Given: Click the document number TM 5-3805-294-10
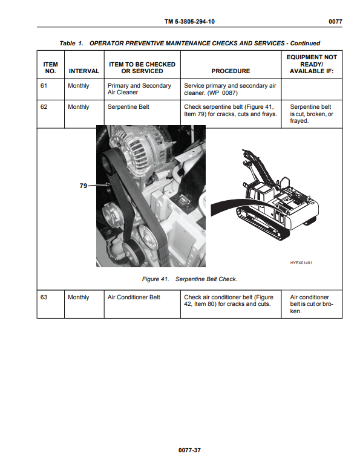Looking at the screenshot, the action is pyautogui.click(x=189, y=21).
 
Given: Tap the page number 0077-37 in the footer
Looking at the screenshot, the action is pyautogui.click(x=189, y=450).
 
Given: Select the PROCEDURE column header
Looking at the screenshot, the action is pyautogui.click(x=231, y=71).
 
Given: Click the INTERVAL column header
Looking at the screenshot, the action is pyautogui.click(x=84, y=71).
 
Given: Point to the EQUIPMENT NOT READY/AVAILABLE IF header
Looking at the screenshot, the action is pyautogui.click(x=312, y=64).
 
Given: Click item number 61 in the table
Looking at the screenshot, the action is pyautogui.click(x=44, y=86).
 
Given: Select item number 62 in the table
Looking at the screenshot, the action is pyautogui.click(x=44, y=107).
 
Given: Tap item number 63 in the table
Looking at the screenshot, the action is pyautogui.click(x=44, y=297).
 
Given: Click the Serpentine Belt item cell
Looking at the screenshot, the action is pyautogui.click(x=128, y=107).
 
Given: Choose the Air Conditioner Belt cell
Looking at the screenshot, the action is pyautogui.click(x=134, y=297).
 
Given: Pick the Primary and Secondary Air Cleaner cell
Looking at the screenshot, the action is pyautogui.click(x=139, y=89).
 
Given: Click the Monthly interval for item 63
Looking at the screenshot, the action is pyautogui.click(x=79, y=297).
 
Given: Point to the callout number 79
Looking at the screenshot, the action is pyautogui.click(x=83, y=186).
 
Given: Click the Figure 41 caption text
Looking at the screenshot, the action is pyautogui.click(x=189, y=279).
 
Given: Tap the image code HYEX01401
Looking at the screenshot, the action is pyautogui.click(x=301, y=263).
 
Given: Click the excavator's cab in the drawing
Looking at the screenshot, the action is pyautogui.click(x=255, y=192).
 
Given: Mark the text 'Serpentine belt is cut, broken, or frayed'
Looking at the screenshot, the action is pyautogui.click(x=312, y=114).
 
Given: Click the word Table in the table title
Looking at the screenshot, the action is pyautogui.click(x=67, y=44).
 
